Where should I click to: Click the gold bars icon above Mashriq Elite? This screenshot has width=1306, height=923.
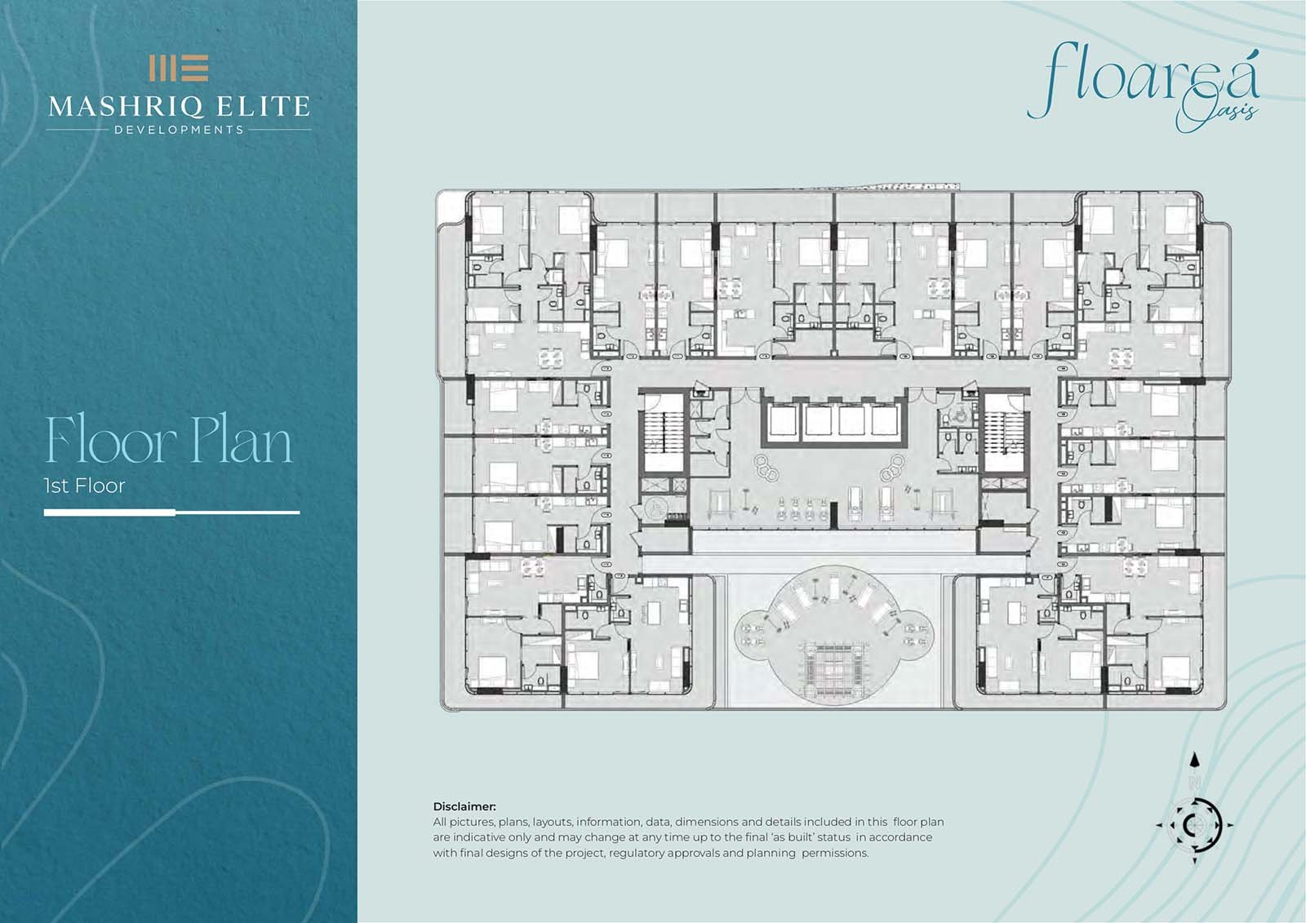click(179, 69)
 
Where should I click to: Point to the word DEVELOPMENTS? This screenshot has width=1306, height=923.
click(179, 130)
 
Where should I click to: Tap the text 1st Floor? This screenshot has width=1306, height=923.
click(85, 486)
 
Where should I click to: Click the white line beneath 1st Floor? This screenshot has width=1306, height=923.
click(172, 513)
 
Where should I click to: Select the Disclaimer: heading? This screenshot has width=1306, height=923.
click(464, 806)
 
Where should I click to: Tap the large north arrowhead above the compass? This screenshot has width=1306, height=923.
click(1195, 760)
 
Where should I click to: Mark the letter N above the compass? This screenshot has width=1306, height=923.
click(1195, 781)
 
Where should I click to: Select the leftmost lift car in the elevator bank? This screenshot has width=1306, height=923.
click(783, 420)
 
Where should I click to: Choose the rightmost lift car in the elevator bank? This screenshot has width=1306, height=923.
click(885, 420)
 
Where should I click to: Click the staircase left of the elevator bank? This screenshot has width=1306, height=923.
click(664, 433)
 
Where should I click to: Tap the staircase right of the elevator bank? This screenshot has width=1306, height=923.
click(1003, 433)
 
